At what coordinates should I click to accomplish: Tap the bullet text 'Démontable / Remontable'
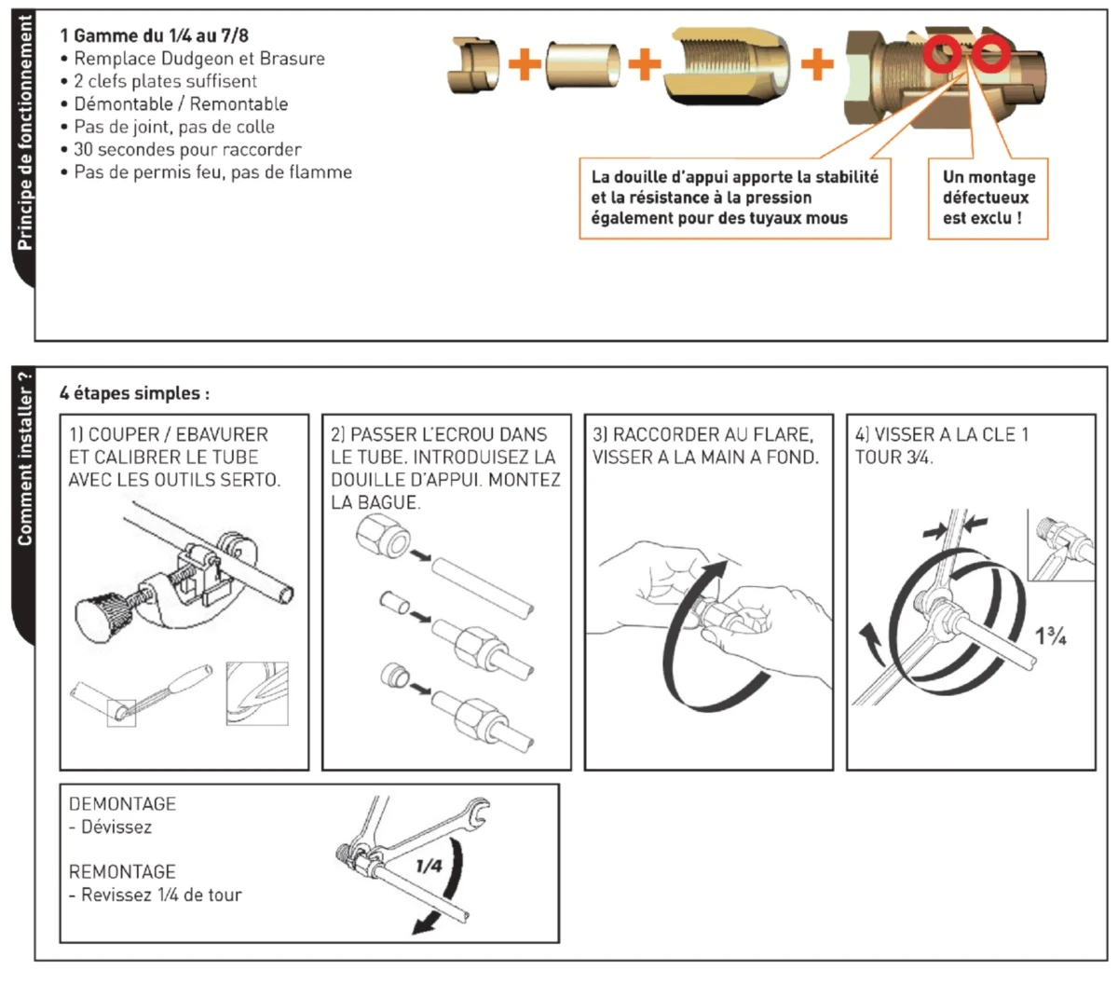point(181,103)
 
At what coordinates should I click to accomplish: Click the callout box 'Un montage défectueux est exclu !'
point(988,198)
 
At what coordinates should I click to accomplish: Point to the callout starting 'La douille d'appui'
point(734,198)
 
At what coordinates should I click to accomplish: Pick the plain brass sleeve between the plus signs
point(583,63)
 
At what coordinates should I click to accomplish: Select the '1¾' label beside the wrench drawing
point(1051,636)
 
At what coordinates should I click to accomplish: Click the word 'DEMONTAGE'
point(122,803)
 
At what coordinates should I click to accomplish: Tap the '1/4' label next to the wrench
point(429,866)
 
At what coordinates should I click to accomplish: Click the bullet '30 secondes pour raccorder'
point(187,149)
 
